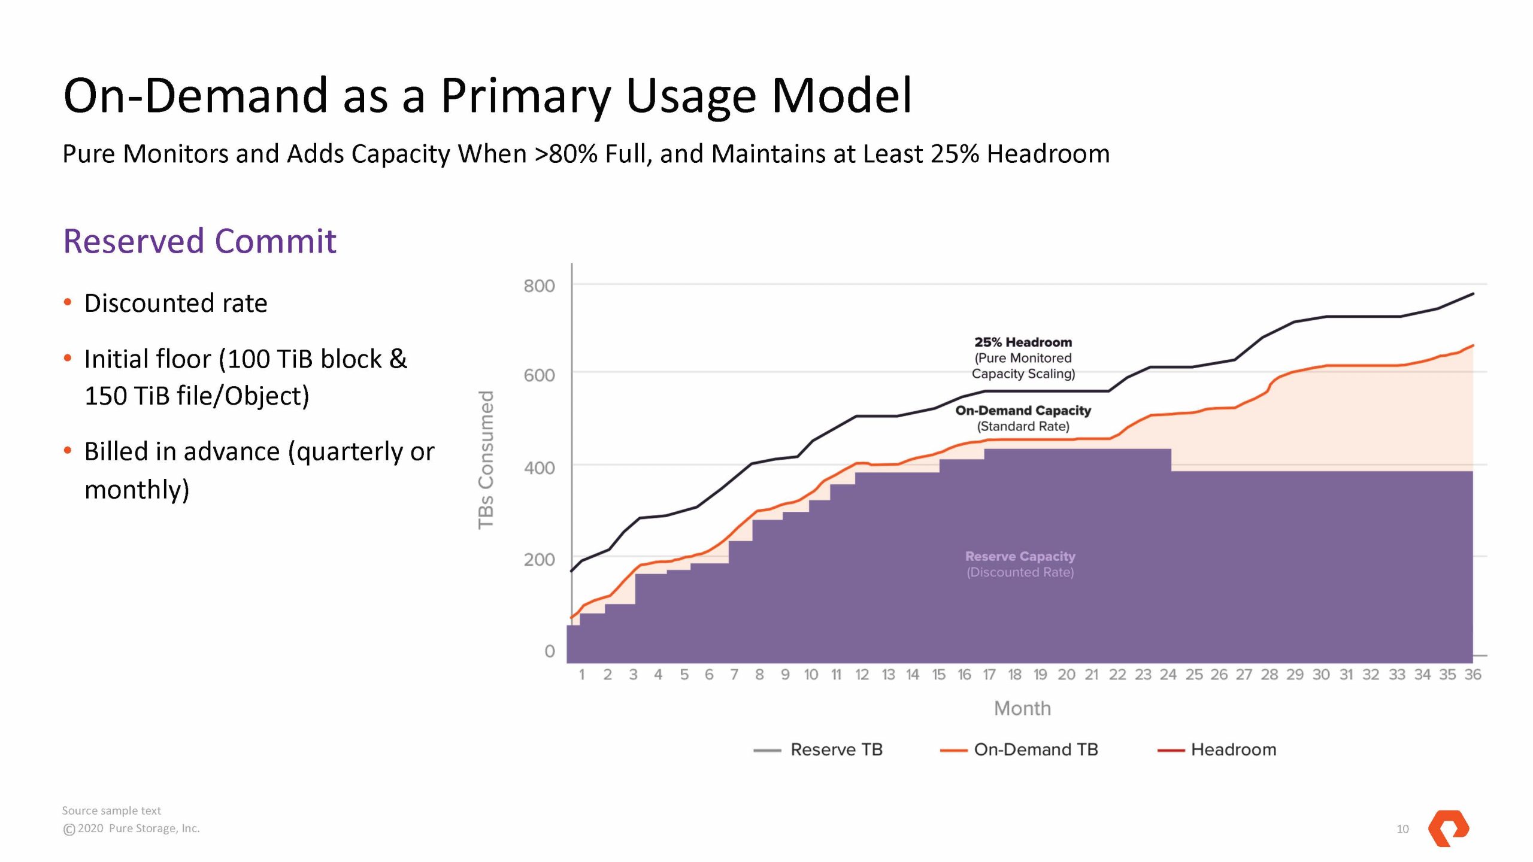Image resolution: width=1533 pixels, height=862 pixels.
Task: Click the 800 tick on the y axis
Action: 539,286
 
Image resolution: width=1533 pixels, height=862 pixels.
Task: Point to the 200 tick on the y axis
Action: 539,560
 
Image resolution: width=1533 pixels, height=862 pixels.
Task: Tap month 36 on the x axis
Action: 1473,675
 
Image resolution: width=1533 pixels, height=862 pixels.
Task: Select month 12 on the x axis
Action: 862,675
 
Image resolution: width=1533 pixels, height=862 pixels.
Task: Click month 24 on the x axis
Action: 1168,675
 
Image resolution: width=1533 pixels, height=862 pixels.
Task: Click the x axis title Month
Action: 1022,709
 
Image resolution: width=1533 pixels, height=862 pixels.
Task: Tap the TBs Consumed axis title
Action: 486,460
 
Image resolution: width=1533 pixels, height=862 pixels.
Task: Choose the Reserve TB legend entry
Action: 836,749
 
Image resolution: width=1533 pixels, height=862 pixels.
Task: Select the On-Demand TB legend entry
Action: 1035,749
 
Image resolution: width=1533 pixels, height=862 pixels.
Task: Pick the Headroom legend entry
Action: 1233,749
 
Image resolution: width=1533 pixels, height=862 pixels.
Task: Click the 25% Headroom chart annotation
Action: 1023,342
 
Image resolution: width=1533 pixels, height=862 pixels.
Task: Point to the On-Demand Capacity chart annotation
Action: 1023,411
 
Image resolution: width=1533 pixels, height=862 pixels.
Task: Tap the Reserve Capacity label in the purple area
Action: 1020,557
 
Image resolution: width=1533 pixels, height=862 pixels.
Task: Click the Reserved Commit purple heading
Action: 199,241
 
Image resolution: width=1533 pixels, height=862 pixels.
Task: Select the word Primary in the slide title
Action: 526,96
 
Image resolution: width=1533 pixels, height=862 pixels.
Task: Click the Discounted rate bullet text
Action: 175,303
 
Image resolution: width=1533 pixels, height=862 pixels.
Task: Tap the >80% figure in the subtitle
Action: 566,154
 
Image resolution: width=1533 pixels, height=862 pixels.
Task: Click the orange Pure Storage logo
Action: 1448,828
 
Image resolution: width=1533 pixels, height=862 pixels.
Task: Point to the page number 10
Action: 1402,829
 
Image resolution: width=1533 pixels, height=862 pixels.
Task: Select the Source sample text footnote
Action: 111,811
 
